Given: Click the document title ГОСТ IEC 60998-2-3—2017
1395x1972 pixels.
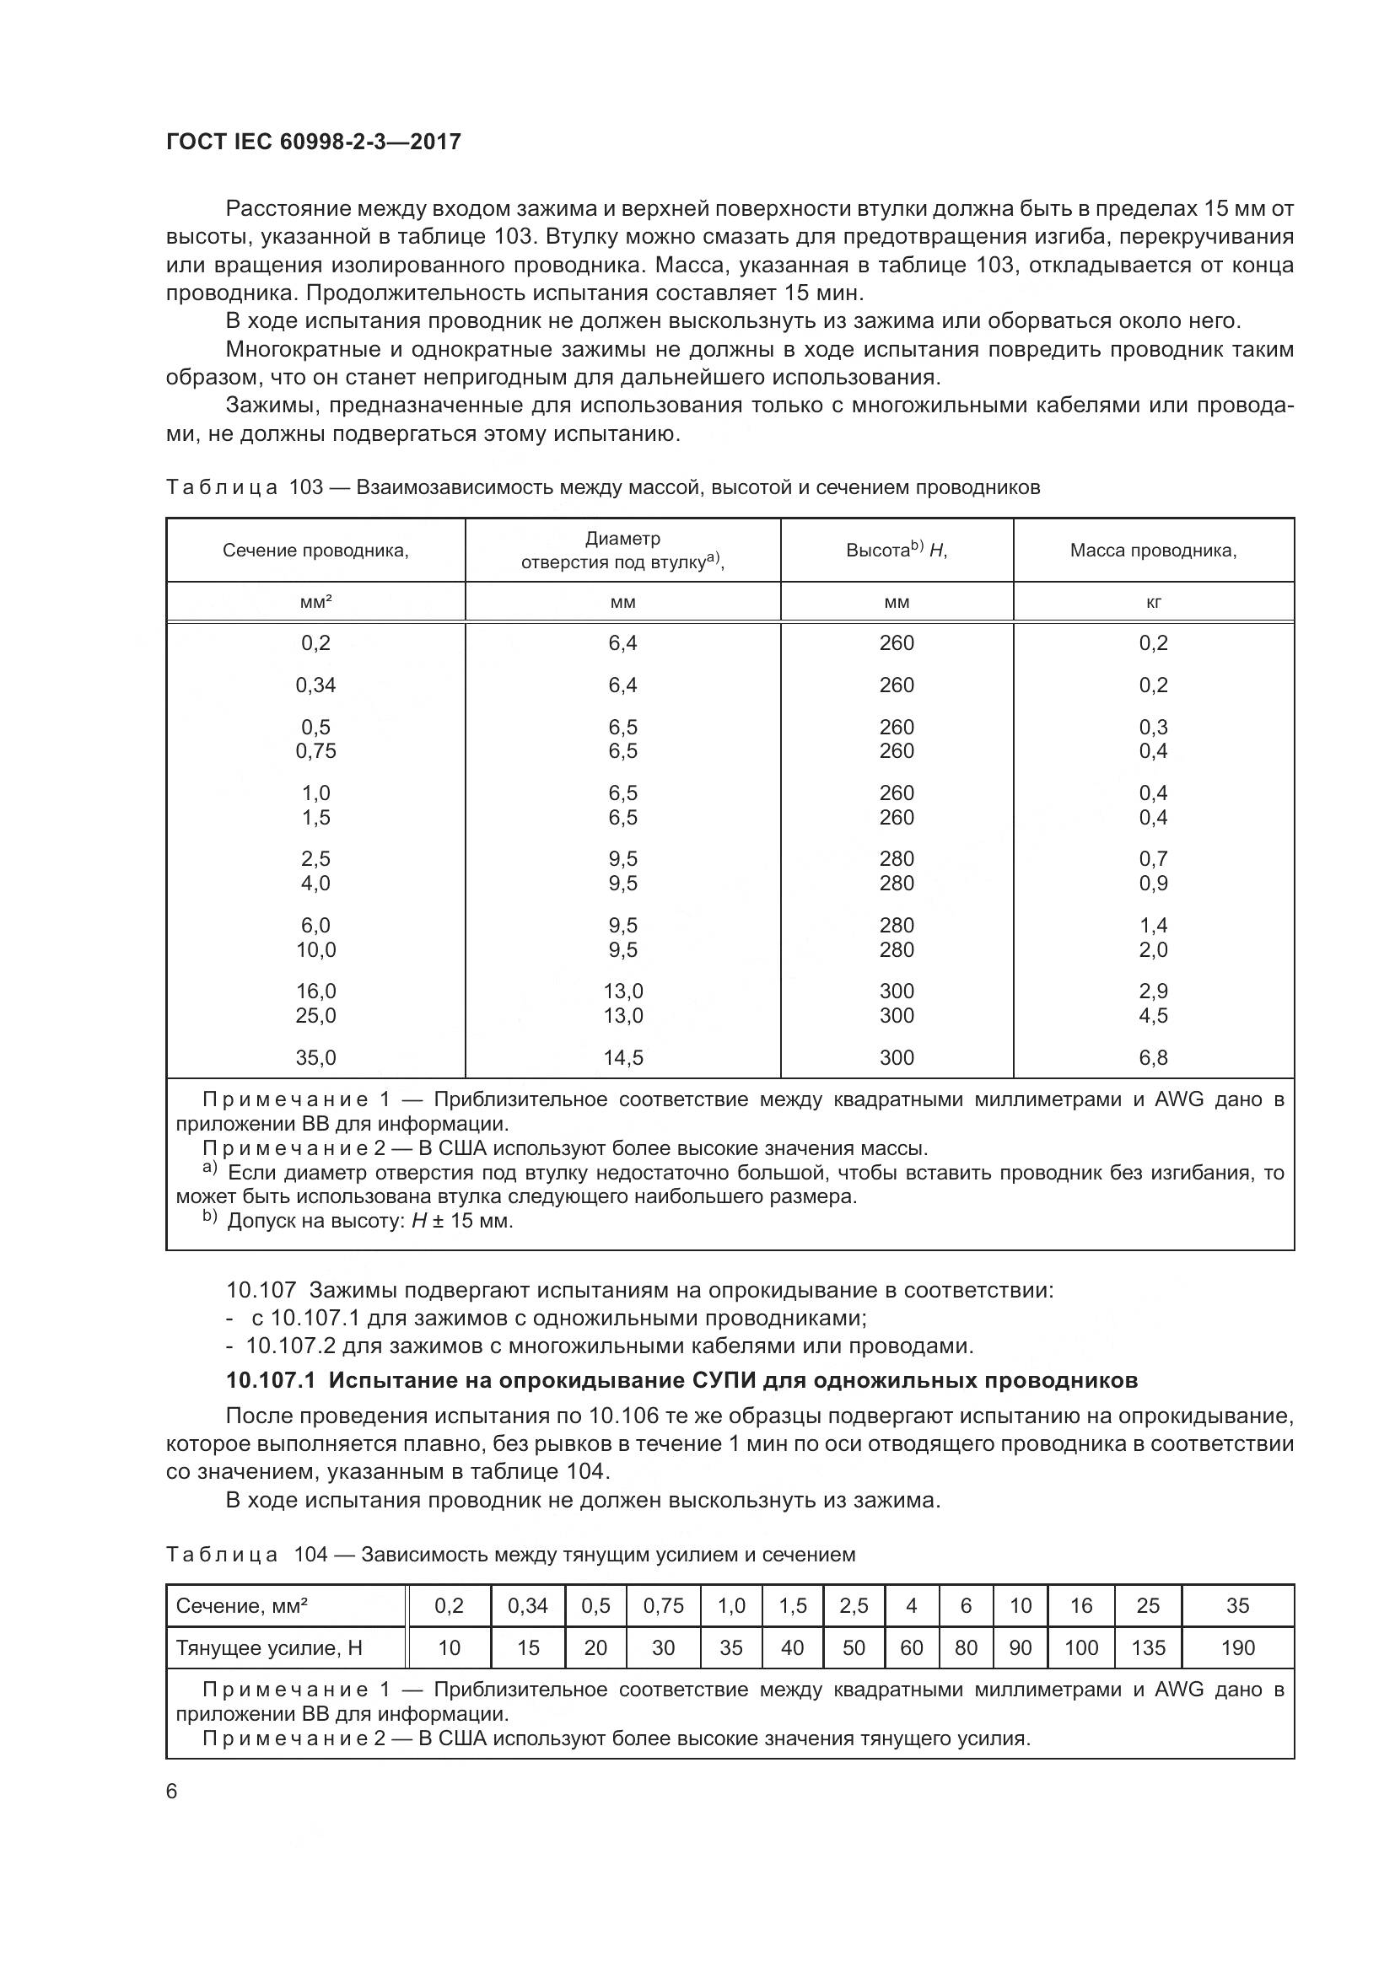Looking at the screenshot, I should [x=314, y=142].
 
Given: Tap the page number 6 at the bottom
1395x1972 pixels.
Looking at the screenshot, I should [x=172, y=1792].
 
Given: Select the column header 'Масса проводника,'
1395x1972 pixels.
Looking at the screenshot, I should [x=1153, y=551].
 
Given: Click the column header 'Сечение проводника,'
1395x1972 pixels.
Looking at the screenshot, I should [x=315, y=551].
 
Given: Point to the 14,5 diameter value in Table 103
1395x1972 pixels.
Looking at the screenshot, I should [x=622, y=1058].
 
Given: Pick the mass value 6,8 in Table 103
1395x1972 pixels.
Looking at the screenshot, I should [x=1153, y=1058].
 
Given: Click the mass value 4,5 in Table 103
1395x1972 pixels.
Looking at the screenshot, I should [x=1153, y=1015].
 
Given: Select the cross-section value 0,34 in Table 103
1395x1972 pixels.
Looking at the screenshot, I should [x=315, y=685].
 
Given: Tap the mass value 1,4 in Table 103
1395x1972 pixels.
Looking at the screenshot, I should [x=1153, y=926].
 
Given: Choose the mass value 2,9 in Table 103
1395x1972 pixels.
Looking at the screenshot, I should [x=1153, y=991].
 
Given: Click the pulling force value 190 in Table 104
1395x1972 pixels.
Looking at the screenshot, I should [x=1237, y=1647].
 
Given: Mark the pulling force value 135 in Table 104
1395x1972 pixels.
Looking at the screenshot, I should [x=1148, y=1647].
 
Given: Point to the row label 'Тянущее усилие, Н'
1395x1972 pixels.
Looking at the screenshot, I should [x=269, y=1647].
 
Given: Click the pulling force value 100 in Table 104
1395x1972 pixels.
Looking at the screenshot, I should [x=1080, y=1647].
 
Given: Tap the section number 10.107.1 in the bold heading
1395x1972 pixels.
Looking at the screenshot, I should [x=272, y=1380].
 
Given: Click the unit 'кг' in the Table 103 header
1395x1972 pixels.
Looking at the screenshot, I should [x=1154, y=603].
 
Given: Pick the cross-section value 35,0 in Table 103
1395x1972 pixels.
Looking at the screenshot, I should [x=315, y=1058].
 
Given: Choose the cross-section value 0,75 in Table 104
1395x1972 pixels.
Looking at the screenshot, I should [x=663, y=1605].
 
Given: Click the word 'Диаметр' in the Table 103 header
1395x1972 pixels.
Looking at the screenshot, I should [x=622, y=539].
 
